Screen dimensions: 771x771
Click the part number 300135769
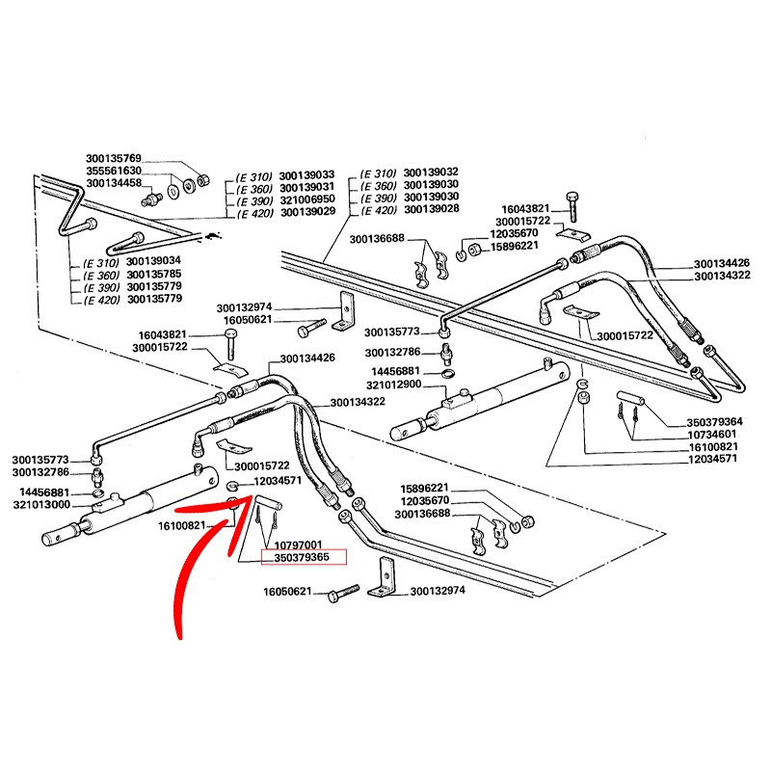tap(114, 159)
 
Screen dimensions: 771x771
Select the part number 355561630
tap(114, 171)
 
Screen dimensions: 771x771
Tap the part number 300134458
tap(114, 183)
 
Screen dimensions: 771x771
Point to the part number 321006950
tap(306, 199)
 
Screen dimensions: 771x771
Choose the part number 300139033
tap(306, 175)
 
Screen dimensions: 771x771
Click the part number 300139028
tap(431, 209)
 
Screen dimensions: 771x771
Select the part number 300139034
tap(154, 262)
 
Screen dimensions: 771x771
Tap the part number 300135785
tap(154, 275)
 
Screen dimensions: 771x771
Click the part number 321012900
tap(394, 385)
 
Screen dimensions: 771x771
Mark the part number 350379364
tap(688, 421)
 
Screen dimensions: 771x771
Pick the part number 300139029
tap(306, 211)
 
